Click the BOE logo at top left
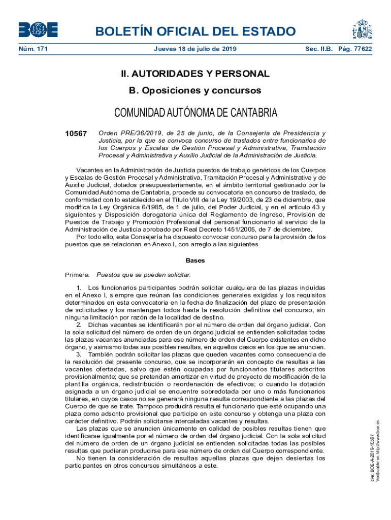(x=38, y=30)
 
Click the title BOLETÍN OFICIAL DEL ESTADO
(x=195, y=31)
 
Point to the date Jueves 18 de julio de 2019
(x=195, y=49)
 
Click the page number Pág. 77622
(x=355, y=49)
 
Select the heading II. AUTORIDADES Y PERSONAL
(x=195, y=74)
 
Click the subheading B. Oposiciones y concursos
(x=195, y=90)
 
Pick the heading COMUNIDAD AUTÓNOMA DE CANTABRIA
(x=195, y=112)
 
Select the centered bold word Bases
(x=195, y=261)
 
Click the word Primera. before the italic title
(x=77, y=275)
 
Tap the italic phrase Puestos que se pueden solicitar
(x=144, y=275)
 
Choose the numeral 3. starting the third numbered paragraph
(x=79, y=354)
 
